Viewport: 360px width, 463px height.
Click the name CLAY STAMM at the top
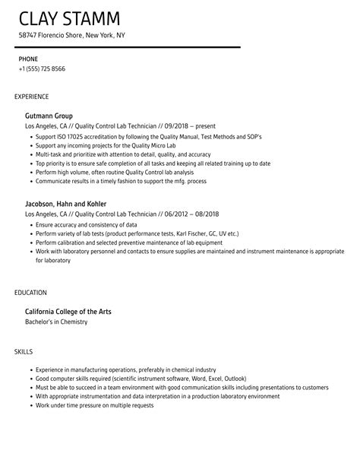click(71, 17)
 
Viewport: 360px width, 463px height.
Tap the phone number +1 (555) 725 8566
click(42, 69)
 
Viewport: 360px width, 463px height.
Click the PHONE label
click(28, 59)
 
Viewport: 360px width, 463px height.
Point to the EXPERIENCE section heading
click(32, 97)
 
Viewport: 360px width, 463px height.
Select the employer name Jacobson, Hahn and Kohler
click(66, 205)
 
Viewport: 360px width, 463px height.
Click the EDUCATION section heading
click(30, 292)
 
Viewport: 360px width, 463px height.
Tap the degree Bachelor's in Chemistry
click(56, 322)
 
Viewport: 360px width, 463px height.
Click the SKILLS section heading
click(23, 351)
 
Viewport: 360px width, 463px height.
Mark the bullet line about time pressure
click(94, 405)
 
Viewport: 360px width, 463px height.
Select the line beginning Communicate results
click(122, 181)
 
